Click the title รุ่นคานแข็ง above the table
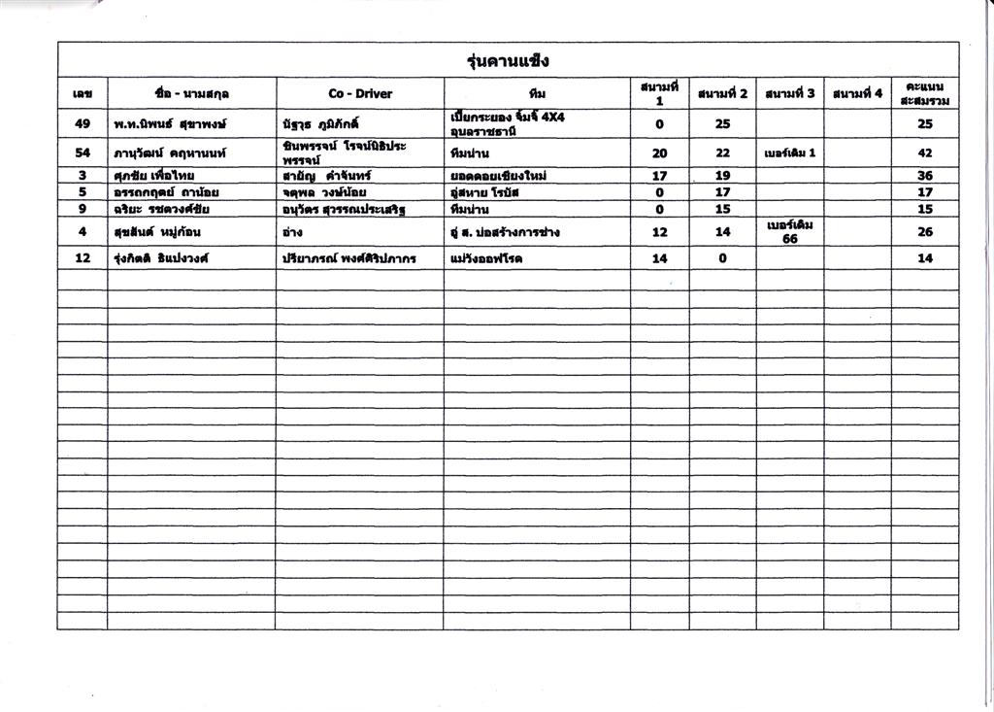(508, 61)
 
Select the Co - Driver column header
(360, 94)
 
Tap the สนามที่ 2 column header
(722, 94)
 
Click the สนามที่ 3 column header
(789, 94)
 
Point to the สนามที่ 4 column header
(857, 94)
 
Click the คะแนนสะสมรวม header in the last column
(924, 93)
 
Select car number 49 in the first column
(83, 124)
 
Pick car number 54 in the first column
(83, 153)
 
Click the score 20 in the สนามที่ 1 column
(659, 153)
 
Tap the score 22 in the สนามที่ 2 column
(722, 153)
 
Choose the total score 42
(924, 153)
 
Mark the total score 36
(924, 176)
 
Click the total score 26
(924, 232)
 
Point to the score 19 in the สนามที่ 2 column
(722, 176)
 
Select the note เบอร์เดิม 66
(789, 232)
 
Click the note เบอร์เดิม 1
(789, 153)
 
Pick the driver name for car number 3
(153, 176)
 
